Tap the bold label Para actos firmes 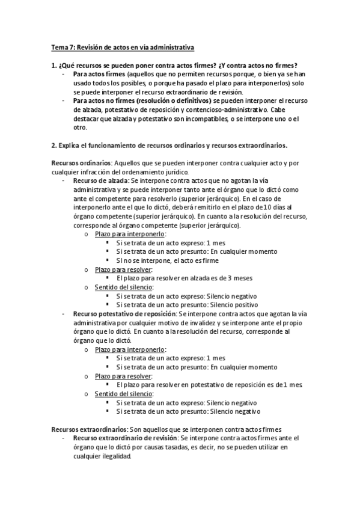click(95, 74)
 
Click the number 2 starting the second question click(53, 146)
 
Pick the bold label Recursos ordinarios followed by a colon click(81, 164)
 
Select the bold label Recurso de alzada click(100, 180)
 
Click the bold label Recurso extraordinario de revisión click(124, 438)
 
